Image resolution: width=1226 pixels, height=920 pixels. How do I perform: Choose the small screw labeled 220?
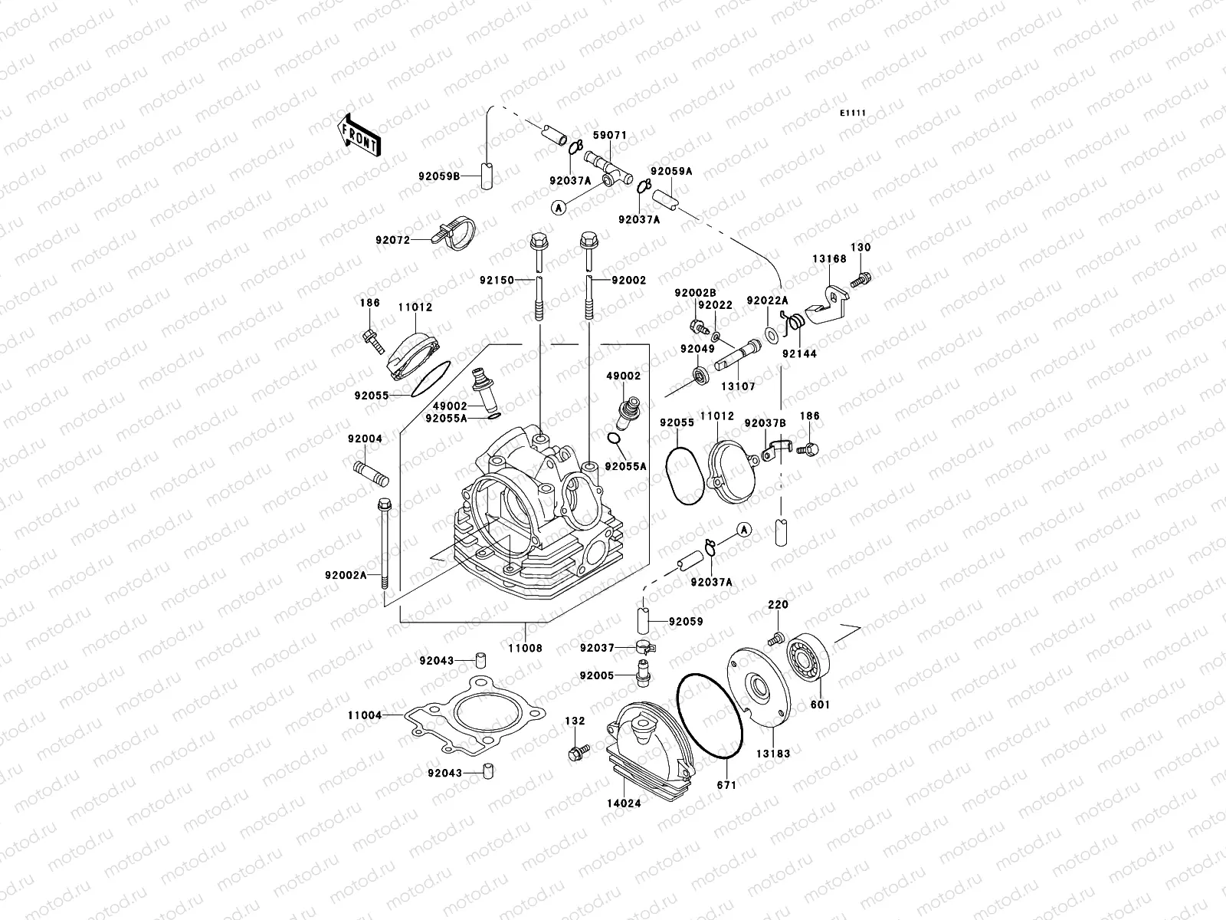[776, 638]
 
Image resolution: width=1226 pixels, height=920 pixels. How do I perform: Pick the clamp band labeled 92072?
[457, 233]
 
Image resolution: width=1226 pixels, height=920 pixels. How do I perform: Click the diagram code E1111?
[852, 113]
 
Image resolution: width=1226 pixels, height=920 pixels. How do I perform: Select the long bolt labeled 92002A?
[384, 552]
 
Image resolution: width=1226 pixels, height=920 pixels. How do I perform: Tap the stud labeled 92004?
[371, 472]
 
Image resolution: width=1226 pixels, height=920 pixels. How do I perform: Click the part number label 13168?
[829, 259]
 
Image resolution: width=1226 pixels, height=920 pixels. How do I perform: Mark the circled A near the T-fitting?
[559, 206]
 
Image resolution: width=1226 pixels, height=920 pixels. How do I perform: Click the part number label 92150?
[497, 281]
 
